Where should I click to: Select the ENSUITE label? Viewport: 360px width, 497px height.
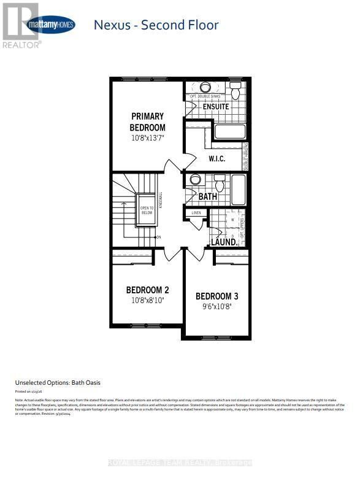tap(215, 106)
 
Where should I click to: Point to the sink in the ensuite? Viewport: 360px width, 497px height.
tap(205, 88)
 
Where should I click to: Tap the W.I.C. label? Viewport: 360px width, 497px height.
tap(216, 159)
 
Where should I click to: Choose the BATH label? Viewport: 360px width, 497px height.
tap(208, 196)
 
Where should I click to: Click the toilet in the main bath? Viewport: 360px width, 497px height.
tap(219, 183)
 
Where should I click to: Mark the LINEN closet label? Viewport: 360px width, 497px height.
tap(196, 213)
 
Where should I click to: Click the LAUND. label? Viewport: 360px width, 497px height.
tap(225, 242)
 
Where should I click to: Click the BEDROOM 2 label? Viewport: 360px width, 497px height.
tap(147, 290)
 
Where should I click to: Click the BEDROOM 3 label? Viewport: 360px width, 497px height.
tap(216, 296)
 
